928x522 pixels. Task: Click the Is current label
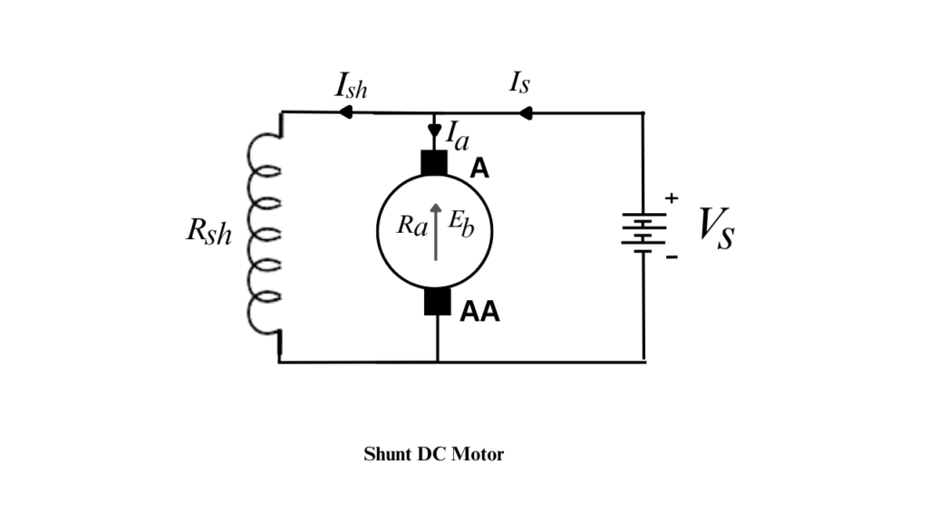pos(519,83)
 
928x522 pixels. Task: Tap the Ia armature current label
pos(458,135)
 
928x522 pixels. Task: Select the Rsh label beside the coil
pos(209,232)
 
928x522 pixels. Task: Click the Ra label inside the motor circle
pos(412,225)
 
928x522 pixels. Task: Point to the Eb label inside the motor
pos(460,225)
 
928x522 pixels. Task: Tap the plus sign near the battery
pos(672,197)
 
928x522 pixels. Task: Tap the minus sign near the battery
pos(672,257)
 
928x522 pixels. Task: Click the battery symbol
pos(643,230)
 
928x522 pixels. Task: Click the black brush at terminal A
pos(435,163)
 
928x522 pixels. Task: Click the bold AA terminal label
pos(479,313)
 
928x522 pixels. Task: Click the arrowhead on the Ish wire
pos(345,112)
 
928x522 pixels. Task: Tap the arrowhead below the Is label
pos(524,112)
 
